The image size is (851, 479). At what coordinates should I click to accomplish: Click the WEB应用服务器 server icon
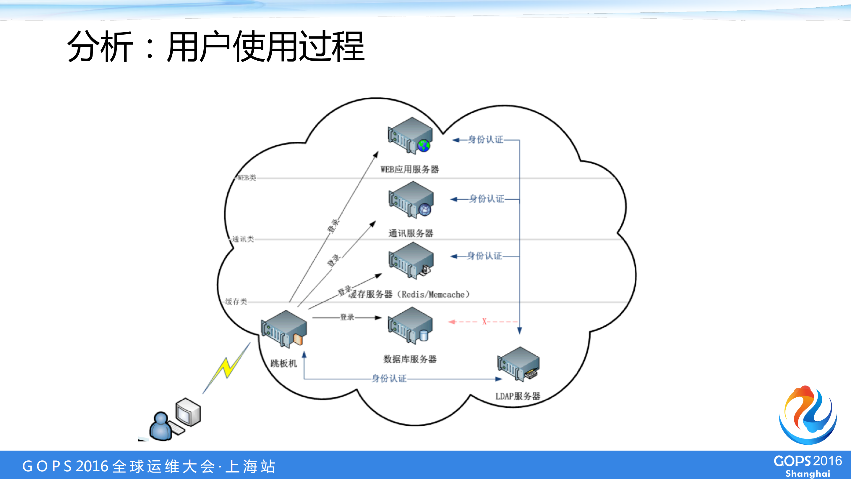410,136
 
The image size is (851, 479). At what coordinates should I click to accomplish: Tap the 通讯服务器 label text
411,233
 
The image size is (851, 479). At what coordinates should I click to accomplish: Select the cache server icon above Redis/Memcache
411,260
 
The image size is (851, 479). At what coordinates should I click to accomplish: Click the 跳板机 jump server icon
284,329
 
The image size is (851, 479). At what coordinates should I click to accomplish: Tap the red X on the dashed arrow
484,321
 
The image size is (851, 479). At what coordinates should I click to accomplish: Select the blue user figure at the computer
161,426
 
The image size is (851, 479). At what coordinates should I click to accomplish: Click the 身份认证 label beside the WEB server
486,140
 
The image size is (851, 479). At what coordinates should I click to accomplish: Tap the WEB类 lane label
247,178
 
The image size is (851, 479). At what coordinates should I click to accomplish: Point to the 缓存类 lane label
236,301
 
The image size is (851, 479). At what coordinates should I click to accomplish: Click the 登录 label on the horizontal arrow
347,317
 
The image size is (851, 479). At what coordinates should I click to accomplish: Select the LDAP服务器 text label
518,396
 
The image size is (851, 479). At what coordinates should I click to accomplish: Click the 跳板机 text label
283,363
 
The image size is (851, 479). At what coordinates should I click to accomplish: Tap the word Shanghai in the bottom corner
808,473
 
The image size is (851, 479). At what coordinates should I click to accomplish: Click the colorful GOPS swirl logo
808,415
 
